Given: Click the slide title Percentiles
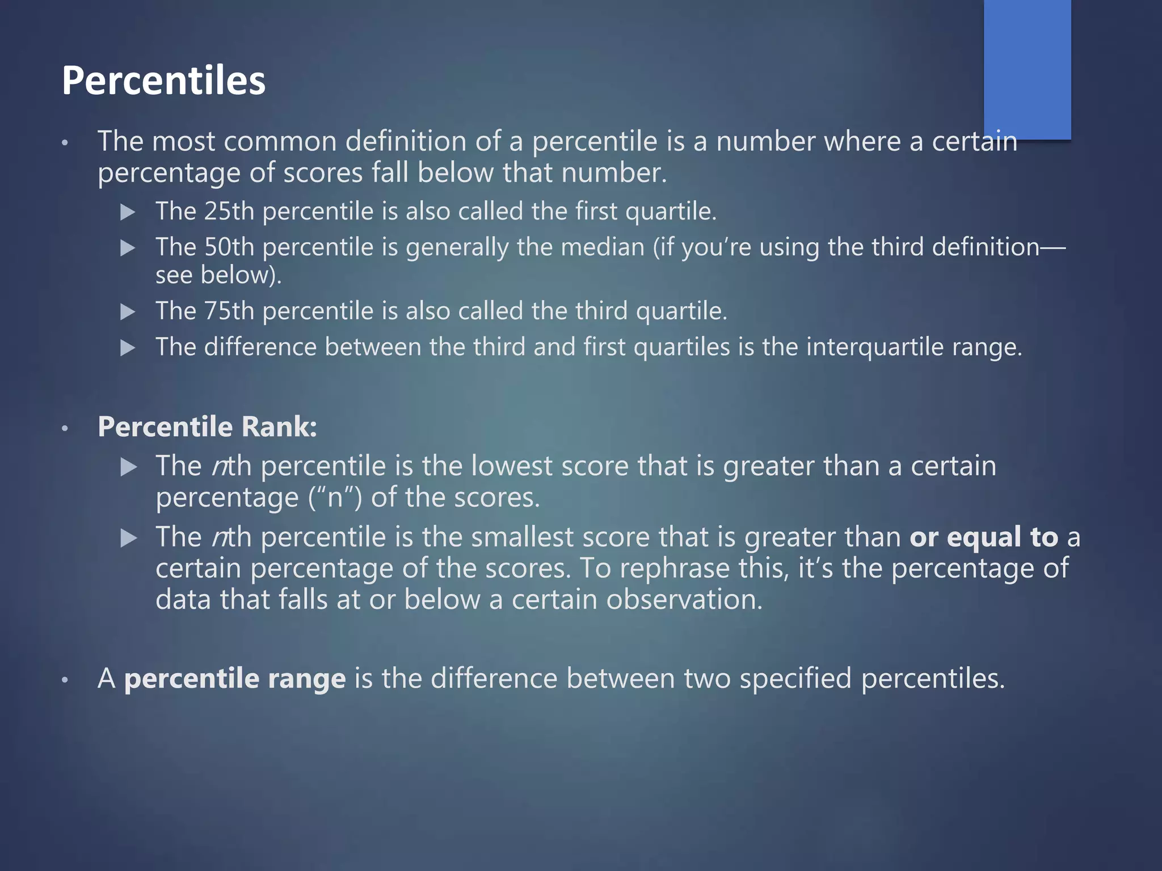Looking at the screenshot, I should tap(163, 81).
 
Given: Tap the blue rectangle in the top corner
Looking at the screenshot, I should tap(1027, 68).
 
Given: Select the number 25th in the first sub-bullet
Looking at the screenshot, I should tap(229, 212).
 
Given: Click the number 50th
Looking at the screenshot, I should tap(229, 247).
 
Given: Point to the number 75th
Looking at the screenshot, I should tap(229, 311).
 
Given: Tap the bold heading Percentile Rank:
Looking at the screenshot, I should tap(207, 426).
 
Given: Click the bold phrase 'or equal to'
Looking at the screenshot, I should tap(984, 537).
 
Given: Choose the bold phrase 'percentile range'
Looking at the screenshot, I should tap(235, 679).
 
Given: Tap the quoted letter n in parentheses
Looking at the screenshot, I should tap(335, 498).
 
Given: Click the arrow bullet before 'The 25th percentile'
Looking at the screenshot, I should tap(128, 213).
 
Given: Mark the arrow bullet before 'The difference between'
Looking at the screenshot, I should tap(128, 348).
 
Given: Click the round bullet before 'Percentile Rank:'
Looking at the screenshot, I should tap(65, 428).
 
